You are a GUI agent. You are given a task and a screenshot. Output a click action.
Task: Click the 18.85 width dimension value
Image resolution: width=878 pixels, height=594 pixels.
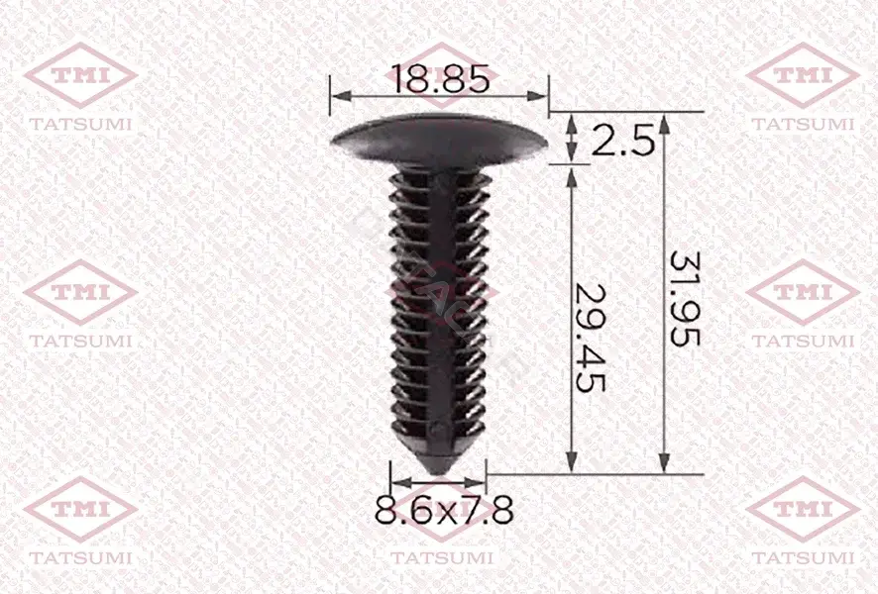coord(441,78)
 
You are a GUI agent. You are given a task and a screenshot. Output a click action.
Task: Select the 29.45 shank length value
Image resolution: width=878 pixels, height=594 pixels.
coord(591,338)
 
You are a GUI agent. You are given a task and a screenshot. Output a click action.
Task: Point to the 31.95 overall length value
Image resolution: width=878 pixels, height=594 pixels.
coord(685,298)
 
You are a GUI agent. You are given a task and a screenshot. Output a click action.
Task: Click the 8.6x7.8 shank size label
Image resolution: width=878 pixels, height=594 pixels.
coord(444,510)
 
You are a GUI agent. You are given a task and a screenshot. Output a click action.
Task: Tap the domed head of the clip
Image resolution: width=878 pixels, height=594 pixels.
coord(439,139)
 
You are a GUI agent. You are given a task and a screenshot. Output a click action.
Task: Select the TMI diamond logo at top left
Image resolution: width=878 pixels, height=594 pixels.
coord(80,75)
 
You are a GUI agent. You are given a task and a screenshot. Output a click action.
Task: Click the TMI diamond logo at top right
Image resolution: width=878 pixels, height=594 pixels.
coord(803,75)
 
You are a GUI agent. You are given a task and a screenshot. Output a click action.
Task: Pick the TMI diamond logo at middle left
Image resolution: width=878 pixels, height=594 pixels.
coord(80,292)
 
